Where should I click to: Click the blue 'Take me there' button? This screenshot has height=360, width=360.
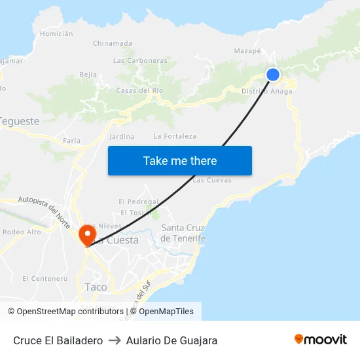pos(180,160)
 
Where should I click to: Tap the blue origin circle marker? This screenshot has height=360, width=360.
pos(273,75)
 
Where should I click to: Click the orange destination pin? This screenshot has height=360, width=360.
pos(86,234)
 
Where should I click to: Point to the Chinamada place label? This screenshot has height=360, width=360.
pos(112,43)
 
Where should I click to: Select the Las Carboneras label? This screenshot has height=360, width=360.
pos(140,60)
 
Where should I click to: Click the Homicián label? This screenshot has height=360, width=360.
pos(56,33)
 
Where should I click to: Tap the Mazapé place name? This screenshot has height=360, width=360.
pos(247,50)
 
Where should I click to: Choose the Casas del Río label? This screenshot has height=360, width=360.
pos(139,90)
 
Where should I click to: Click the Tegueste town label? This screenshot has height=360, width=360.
pos(20,121)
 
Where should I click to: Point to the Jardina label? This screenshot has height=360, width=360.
pos(122,137)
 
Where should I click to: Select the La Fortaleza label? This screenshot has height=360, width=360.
pos(175,136)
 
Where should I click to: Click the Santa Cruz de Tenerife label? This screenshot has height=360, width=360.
pos(183,233)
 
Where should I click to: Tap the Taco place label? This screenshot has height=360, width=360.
pos(96,287)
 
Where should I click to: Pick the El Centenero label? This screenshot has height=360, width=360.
pos(45,278)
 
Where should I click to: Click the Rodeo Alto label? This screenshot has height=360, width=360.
pos(22,232)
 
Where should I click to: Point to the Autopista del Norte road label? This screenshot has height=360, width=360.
pos(45,207)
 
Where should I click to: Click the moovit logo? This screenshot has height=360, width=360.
pos(321,340)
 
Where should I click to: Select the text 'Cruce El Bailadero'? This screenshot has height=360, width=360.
pos(58,340)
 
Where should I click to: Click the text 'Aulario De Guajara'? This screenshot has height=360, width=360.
pos(171,340)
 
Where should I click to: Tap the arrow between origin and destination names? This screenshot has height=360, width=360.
pos(115,340)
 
